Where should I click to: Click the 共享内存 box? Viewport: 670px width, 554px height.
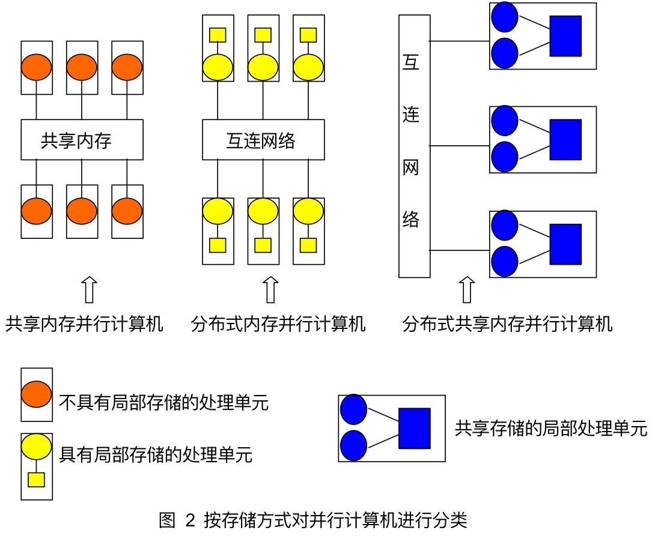click(x=82, y=140)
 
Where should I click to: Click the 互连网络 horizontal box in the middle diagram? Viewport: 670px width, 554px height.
click(x=263, y=140)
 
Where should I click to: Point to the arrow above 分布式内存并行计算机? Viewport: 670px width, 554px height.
click(x=271, y=291)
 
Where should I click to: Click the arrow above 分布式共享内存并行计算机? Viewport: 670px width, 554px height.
click(x=466, y=291)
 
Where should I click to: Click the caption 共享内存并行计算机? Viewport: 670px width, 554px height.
click(x=84, y=325)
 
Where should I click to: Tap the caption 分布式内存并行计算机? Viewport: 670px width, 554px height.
click(x=278, y=325)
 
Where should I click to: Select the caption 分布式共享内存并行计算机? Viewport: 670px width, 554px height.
click(x=508, y=325)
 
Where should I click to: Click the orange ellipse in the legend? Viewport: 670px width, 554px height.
click(x=37, y=394)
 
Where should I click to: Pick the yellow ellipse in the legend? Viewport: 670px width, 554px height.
click(x=37, y=447)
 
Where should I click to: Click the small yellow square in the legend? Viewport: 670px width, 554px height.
click(x=37, y=480)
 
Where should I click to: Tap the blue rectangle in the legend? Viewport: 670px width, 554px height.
click(x=415, y=428)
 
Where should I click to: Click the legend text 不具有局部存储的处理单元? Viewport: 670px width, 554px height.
click(x=163, y=403)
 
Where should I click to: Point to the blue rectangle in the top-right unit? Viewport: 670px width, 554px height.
click(x=565, y=36)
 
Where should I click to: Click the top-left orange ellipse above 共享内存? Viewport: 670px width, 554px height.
click(x=37, y=67)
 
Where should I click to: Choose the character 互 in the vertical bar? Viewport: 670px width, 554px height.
click(x=411, y=61)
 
